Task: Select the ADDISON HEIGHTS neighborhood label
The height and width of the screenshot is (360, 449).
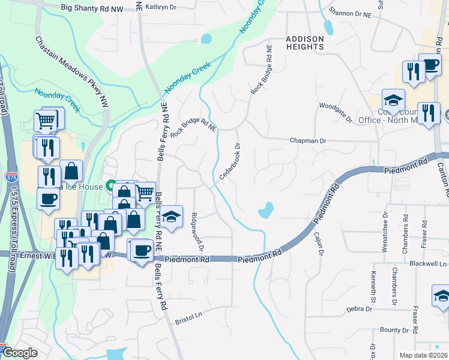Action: coord(304,43)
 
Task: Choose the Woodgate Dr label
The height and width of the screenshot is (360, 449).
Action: coord(336,112)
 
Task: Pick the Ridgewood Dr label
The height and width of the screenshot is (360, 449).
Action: coord(197,232)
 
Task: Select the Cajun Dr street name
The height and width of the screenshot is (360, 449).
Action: coord(319,245)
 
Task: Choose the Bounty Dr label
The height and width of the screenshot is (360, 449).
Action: coord(394,330)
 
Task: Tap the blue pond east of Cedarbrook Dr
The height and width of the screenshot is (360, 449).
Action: coord(265,210)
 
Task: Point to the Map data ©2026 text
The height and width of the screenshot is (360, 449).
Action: coord(423,355)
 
